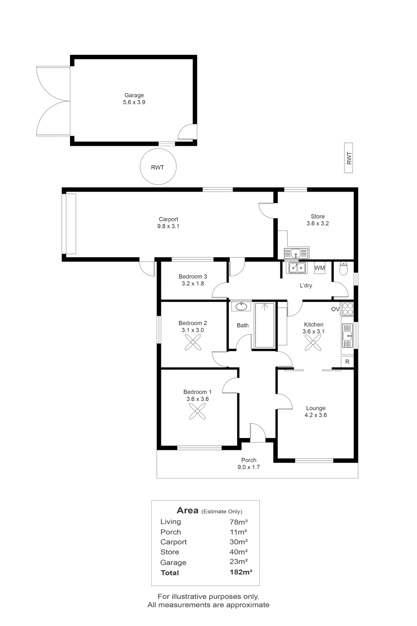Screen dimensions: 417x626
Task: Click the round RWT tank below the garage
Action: click(x=158, y=166)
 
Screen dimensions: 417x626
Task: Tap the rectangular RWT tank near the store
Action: click(x=348, y=158)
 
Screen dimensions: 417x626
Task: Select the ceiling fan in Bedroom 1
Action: click(x=197, y=411)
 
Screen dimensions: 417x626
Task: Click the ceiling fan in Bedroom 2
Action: click(x=193, y=342)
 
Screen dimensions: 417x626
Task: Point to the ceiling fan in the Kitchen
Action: click(x=313, y=343)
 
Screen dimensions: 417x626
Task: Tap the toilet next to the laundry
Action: click(x=343, y=268)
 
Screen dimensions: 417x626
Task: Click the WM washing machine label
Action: click(x=319, y=268)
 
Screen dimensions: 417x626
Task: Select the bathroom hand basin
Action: click(x=241, y=306)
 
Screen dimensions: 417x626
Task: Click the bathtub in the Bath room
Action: click(x=265, y=325)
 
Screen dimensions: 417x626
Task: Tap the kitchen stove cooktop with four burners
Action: click(x=347, y=309)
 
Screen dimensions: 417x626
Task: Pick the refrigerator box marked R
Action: click(x=347, y=362)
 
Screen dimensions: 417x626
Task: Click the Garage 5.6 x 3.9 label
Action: click(x=134, y=99)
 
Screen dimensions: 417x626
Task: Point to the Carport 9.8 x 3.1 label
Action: click(x=168, y=223)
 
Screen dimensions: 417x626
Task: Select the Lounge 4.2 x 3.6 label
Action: click(x=316, y=412)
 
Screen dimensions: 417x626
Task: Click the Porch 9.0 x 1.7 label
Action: click(x=249, y=464)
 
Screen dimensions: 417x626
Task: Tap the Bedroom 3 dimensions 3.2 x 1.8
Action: click(x=193, y=284)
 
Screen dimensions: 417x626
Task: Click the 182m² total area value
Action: click(x=241, y=572)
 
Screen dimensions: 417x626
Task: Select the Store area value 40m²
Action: click(x=239, y=552)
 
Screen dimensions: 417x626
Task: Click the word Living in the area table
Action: click(x=170, y=522)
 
